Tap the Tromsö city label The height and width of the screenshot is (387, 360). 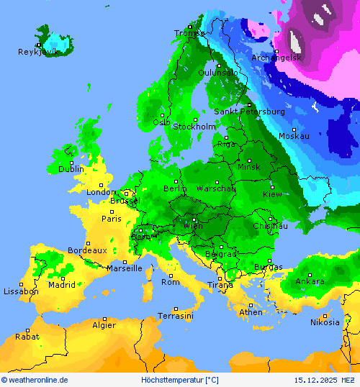(x=189, y=33)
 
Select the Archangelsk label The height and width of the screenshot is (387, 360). (x=277, y=58)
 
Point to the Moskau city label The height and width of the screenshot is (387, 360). (x=294, y=136)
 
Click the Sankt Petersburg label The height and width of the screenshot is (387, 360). (x=249, y=111)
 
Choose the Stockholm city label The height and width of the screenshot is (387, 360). (x=194, y=127)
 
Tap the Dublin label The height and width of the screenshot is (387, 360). (x=71, y=169)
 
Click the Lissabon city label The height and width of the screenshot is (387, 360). (x=21, y=291)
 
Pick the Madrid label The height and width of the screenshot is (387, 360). (x=62, y=284)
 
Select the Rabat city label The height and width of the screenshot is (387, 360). (x=27, y=336)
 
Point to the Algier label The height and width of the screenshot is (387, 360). (x=104, y=325)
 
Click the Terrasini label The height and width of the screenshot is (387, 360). (x=176, y=316)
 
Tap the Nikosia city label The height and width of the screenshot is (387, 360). (x=325, y=322)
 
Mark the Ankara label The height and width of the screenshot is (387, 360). (x=310, y=281)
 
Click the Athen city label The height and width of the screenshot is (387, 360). (x=251, y=312)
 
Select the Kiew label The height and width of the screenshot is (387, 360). (x=273, y=194)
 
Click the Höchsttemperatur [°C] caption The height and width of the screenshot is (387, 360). (x=179, y=380)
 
